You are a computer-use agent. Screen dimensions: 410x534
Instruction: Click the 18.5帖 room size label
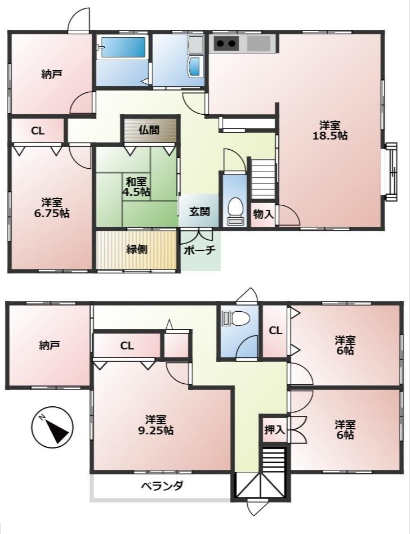click(x=330, y=131)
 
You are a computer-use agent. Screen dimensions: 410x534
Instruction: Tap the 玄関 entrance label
click(x=199, y=212)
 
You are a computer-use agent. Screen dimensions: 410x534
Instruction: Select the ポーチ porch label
click(x=200, y=250)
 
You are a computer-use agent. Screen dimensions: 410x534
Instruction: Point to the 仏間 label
click(x=149, y=130)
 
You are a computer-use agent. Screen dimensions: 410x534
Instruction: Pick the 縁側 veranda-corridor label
click(x=137, y=249)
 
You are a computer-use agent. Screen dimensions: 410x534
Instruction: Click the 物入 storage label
click(x=263, y=214)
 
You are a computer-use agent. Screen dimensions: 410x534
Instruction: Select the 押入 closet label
click(x=274, y=430)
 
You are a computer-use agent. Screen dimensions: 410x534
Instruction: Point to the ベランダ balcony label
click(x=163, y=486)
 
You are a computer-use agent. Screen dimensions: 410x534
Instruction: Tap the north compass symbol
click(x=52, y=428)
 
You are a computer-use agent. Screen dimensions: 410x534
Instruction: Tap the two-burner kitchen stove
click(x=226, y=43)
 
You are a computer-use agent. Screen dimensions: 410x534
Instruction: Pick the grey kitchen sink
click(x=259, y=43)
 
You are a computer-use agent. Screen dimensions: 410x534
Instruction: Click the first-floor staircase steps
click(x=263, y=178)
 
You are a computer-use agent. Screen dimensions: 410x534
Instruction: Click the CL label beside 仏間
click(x=38, y=131)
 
